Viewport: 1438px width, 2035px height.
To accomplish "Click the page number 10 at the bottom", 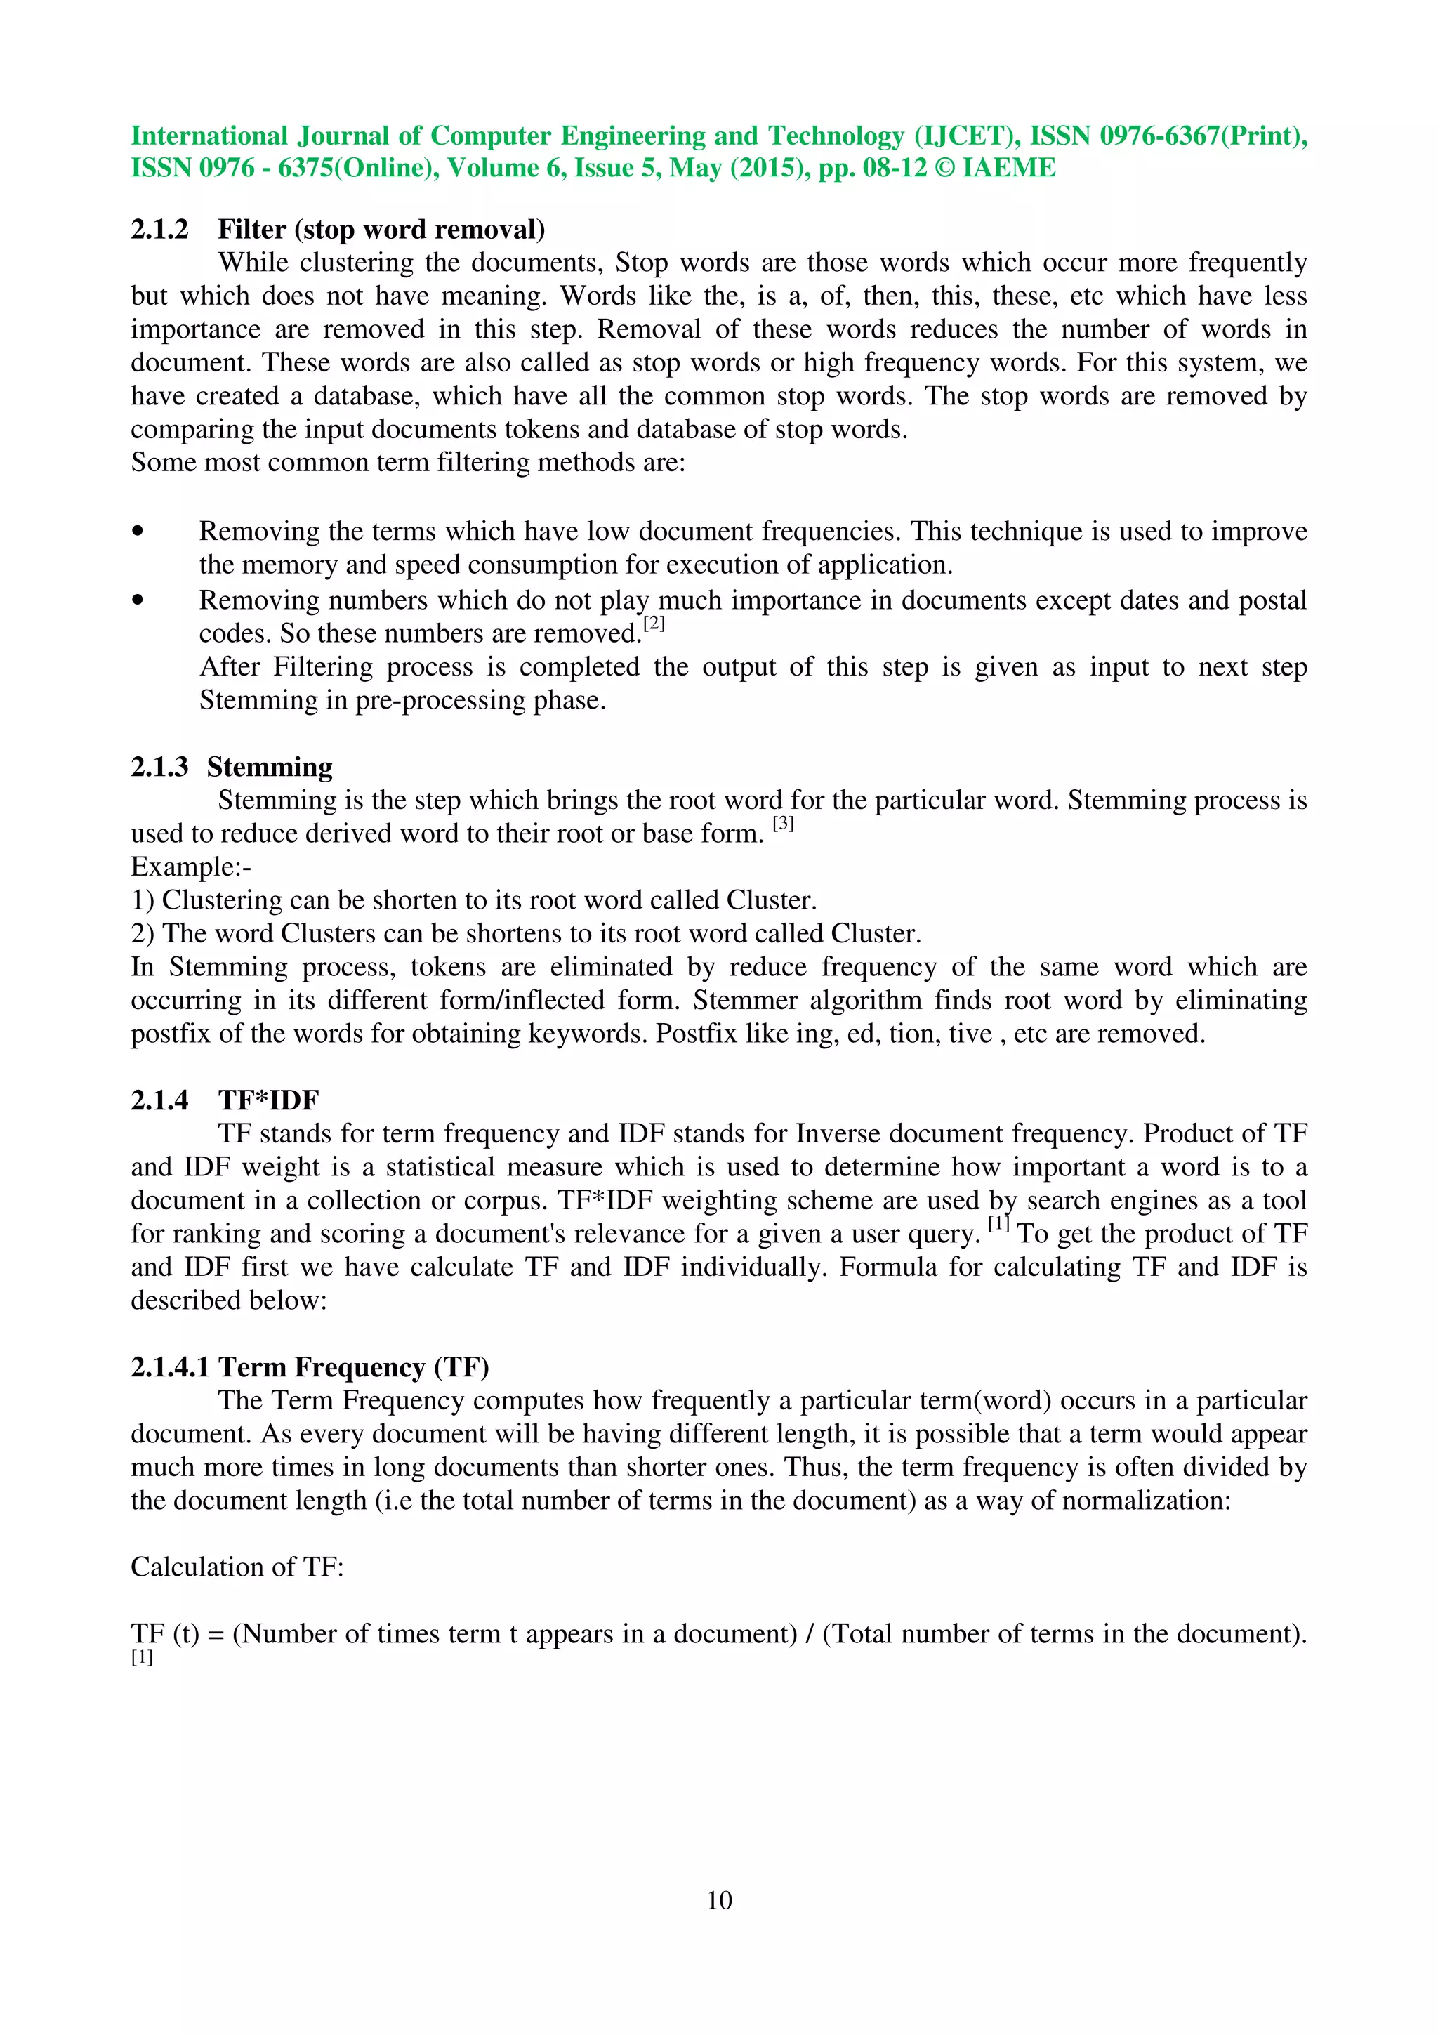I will [x=718, y=1899].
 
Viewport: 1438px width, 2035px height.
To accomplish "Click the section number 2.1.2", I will [x=159, y=230].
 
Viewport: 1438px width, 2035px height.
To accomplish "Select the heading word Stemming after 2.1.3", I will [x=270, y=767].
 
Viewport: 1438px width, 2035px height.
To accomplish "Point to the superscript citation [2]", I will [x=654, y=624].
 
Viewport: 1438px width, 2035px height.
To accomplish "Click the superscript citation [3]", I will [x=783, y=824].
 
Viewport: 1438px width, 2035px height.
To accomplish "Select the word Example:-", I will [x=190, y=867].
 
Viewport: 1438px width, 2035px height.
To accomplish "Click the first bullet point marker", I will [x=138, y=532].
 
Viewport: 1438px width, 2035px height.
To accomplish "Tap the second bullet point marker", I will [x=138, y=601].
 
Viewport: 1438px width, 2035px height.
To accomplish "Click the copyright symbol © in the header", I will [x=944, y=169].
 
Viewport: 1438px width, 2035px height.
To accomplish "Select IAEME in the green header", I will [x=1009, y=169].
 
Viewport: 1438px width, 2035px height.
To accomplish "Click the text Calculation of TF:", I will [x=237, y=1567].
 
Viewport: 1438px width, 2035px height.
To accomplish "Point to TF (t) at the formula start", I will [x=165, y=1633].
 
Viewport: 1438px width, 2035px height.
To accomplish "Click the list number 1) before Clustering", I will [x=143, y=900].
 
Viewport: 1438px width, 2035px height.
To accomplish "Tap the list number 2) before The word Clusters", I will [x=143, y=933].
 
